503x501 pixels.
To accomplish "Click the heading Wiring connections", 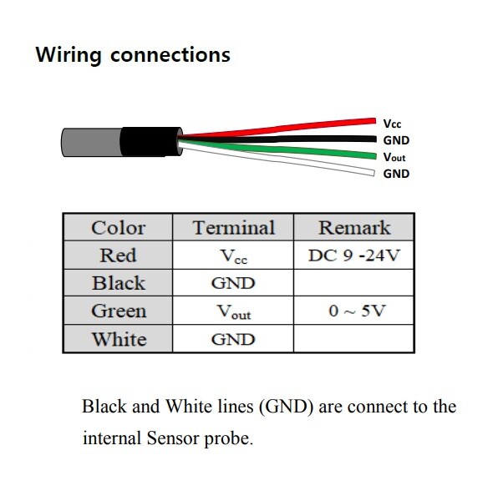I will click(x=132, y=56).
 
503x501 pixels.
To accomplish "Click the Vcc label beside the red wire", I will click(x=392, y=124).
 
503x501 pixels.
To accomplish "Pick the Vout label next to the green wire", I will click(x=394, y=157).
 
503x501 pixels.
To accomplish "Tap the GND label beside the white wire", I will click(x=396, y=174).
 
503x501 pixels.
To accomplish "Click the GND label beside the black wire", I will click(x=396, y=140).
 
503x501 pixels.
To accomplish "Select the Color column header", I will click(x=118, y=227).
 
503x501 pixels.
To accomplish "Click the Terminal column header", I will click(x=233, y=227).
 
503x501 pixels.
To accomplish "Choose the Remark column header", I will click(x=354, y=227).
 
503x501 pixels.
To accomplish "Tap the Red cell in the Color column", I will click(x=118, y=255).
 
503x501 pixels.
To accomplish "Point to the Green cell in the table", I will click(x=118, y=311).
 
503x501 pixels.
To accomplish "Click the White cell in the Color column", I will click(x=118, y=339).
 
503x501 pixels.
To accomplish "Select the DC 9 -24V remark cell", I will click(x=354, y=256).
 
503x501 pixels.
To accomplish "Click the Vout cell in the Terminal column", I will click(x=233, y=312).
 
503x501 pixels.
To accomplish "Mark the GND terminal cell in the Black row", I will click(x=233, y=283).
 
